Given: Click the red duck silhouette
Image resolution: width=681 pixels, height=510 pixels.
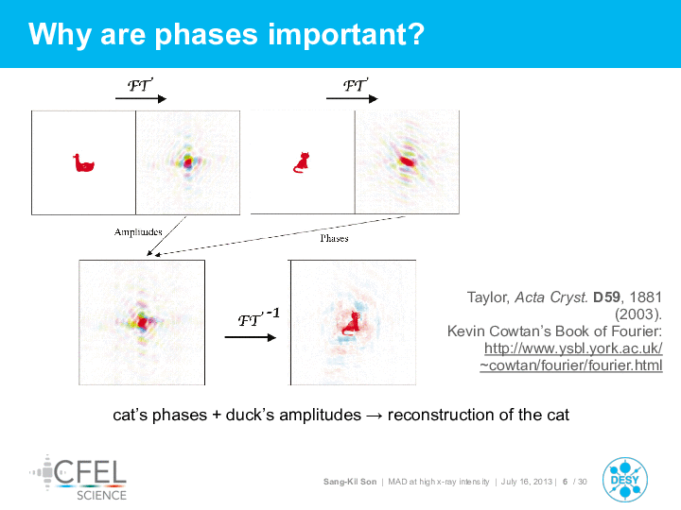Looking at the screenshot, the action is coord(83,163).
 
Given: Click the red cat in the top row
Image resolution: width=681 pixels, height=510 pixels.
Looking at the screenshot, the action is coord(302,162).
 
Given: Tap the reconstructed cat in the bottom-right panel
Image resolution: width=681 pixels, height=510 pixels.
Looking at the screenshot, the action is coord(351,324).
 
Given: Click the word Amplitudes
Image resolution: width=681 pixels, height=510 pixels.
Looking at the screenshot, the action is coord(138,232).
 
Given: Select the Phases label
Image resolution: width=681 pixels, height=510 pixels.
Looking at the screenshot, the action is coord(334,238).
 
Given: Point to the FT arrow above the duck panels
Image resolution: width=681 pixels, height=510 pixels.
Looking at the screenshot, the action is coord(141,99).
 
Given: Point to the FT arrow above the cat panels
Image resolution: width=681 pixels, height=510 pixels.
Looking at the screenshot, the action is coord(352,99).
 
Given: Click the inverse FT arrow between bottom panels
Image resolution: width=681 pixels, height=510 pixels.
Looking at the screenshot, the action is coord(250,337).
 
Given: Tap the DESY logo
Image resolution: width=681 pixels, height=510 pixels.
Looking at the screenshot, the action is coord(625,480).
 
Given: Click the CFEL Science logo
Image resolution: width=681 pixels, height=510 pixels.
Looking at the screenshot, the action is coord(79,478).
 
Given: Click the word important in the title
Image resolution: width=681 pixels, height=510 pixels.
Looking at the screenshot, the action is coord(346,34).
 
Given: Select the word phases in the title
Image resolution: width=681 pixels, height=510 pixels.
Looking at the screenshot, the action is coord(206,34).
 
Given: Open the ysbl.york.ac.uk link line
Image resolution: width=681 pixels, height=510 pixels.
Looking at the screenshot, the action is coord(573,348).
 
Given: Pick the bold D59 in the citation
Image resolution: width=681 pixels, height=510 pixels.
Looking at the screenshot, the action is coord(606,297).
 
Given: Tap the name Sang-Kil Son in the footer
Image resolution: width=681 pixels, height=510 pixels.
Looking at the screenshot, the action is coord(350,482).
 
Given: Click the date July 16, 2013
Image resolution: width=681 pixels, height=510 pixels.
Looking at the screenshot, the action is coord(527,482).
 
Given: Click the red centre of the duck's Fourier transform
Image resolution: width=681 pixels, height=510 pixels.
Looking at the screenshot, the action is coord(187,162).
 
